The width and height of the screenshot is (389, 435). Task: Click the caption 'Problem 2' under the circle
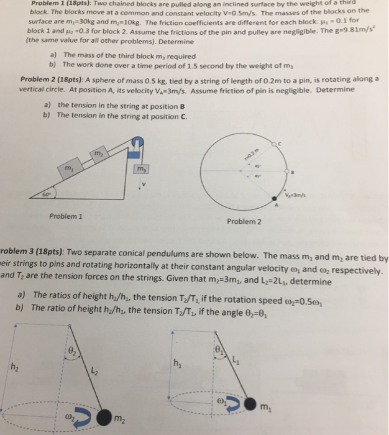[x=244, y=221]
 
